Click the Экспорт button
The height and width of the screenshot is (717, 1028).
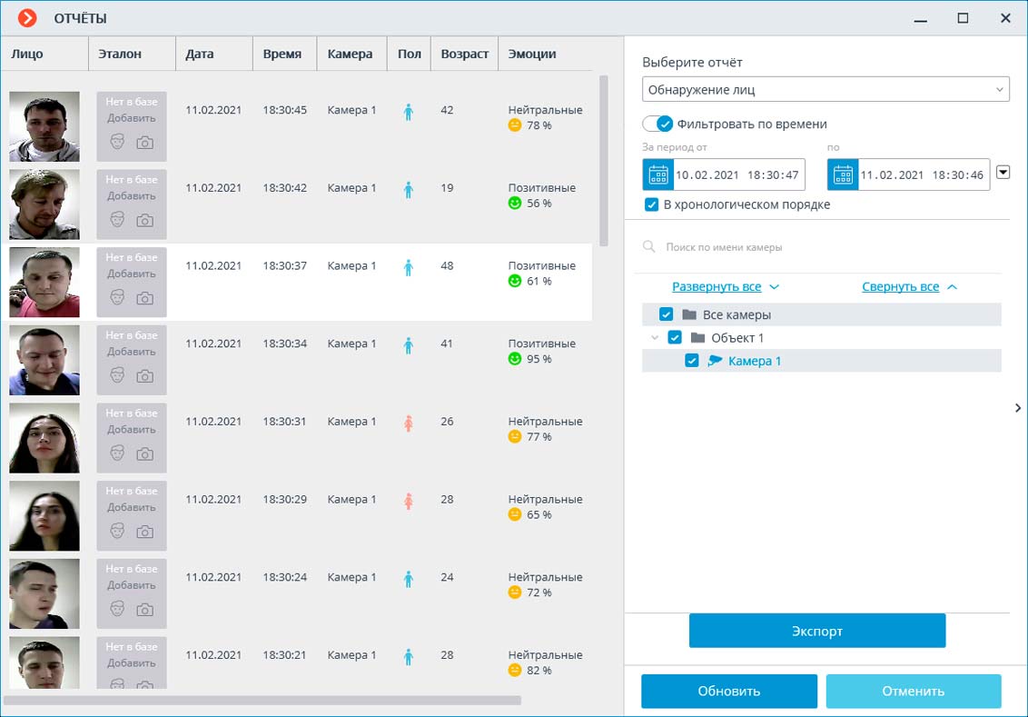816,631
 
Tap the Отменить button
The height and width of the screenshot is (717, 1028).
913,691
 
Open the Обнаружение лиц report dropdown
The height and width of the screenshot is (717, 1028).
825,90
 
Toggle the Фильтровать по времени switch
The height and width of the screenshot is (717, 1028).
657,124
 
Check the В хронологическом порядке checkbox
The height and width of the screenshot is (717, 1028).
651,204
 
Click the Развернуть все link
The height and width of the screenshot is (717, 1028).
717,286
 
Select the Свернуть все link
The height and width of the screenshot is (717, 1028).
900,286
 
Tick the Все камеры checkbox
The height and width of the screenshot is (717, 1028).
666,314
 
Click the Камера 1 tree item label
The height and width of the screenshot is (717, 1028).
754,361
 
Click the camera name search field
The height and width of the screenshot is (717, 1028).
817,247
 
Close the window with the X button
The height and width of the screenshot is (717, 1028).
1005,18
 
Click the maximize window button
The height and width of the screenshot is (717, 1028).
963,18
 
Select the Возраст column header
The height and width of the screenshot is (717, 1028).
464,54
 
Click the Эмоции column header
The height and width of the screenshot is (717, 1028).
532,54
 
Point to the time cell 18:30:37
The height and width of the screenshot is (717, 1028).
284,266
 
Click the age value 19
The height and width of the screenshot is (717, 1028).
447,188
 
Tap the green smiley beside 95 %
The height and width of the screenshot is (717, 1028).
515,359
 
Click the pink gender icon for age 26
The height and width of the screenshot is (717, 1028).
408,423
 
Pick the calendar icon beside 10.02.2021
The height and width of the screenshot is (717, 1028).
658,174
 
